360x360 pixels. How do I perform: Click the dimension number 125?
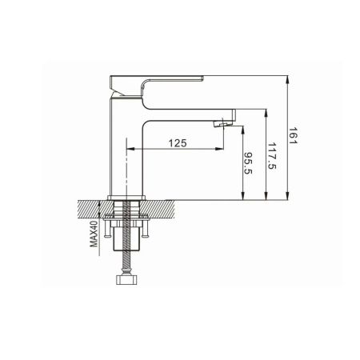[177, 142]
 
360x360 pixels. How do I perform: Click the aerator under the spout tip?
[222, 122]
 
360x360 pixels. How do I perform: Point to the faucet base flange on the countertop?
[126, 197]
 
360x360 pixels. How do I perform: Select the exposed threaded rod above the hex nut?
[126, 262]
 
